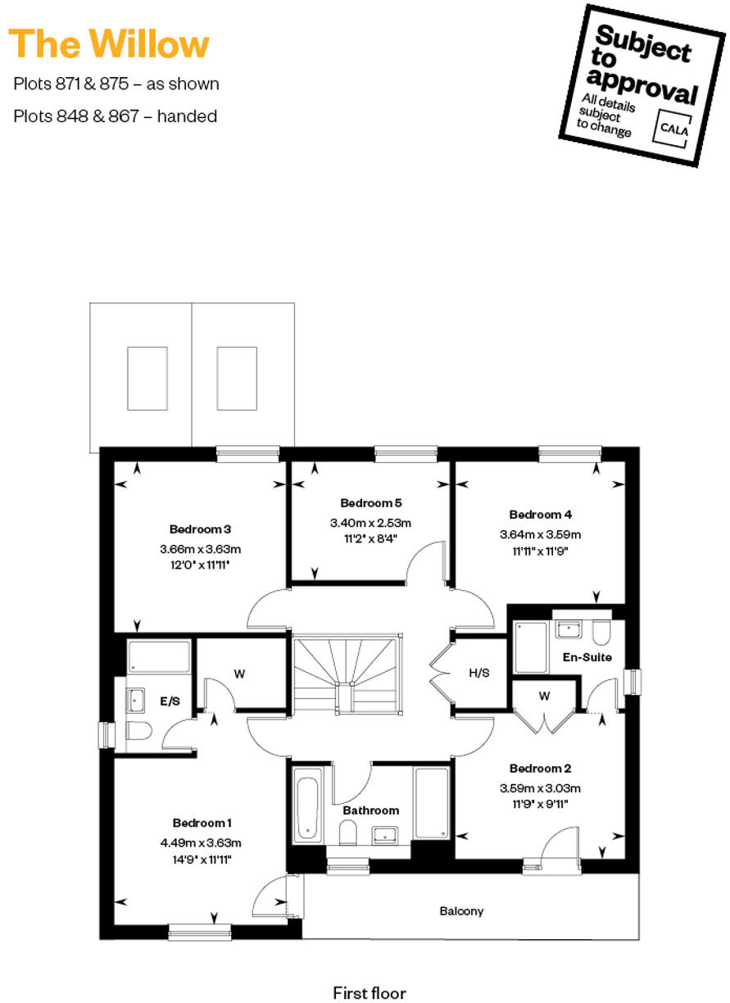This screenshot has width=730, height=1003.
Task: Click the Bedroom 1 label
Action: click(202, 823)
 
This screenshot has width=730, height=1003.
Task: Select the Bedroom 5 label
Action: click(370, 503)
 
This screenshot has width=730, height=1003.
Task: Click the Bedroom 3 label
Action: click(201, 529)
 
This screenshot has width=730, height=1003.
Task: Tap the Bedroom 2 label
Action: click(540, 769)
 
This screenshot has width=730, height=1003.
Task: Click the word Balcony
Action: click(461, 911)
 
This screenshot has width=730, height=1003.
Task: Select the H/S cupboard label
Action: click(479, 673)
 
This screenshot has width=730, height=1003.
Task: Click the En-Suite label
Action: click(587, 657)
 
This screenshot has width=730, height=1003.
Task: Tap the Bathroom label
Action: click(371, 810)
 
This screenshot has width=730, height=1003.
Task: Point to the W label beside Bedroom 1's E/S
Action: click(240, 674)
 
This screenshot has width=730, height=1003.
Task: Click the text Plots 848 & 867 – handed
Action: click(116, 116)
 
